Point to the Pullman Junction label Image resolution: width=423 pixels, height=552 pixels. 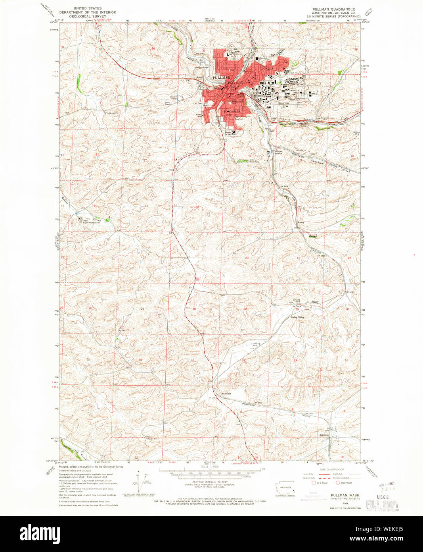[278, 152]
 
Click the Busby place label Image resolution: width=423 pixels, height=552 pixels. [301, 222]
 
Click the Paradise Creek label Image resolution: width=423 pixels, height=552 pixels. [310, 118]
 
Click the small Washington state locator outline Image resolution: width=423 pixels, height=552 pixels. [285, 489]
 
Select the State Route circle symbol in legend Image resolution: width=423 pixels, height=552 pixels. [338, 483]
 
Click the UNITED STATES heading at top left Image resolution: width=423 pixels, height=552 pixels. [87, 8]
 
